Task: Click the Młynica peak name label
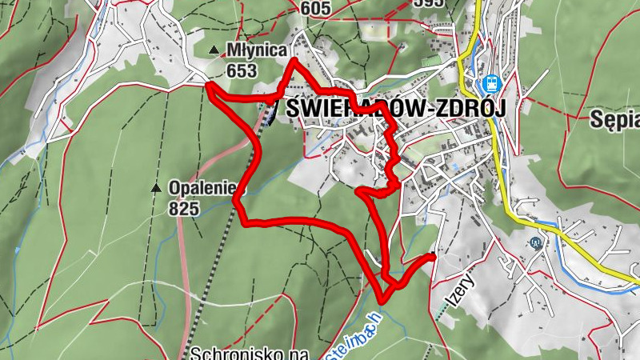tap(257, 50)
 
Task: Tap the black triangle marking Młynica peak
tap(214, 50)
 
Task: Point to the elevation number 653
tap(241, 71)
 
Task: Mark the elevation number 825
tap(183, 208)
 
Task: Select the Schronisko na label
tap(249, 353)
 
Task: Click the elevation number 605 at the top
tap(315, 8)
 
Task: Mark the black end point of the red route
tap(432, 257)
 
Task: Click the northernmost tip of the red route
tap(295, 61)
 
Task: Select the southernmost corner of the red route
tap(382, 300)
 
